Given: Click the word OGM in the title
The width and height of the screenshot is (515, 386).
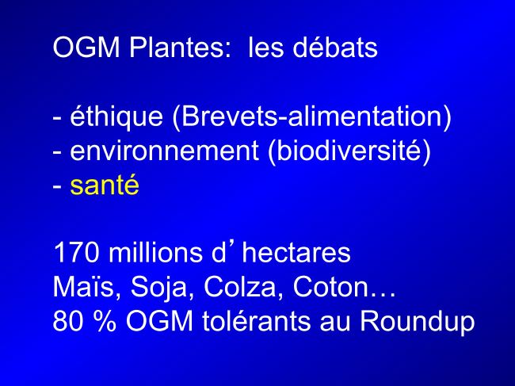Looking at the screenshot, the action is [x=86, y=48].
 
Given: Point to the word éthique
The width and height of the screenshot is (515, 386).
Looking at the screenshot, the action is [x=116, y=117].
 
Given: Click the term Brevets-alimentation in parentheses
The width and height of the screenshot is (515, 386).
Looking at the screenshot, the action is [x=311, y=117].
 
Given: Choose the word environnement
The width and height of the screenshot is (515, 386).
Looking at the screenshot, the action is [x=164, y=151].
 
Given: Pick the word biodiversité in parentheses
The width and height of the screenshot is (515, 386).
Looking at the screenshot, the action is [x=349, y=151].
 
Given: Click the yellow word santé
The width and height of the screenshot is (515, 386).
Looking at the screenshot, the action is [x=105, y=185].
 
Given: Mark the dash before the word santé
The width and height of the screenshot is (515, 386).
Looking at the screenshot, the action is [x=57, y=187].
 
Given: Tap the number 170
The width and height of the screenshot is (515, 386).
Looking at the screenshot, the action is [x=76, y=253].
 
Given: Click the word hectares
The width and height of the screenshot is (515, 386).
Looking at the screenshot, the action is [x=296, y=252].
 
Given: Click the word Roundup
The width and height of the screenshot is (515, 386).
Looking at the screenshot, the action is [x=418, y=321].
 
